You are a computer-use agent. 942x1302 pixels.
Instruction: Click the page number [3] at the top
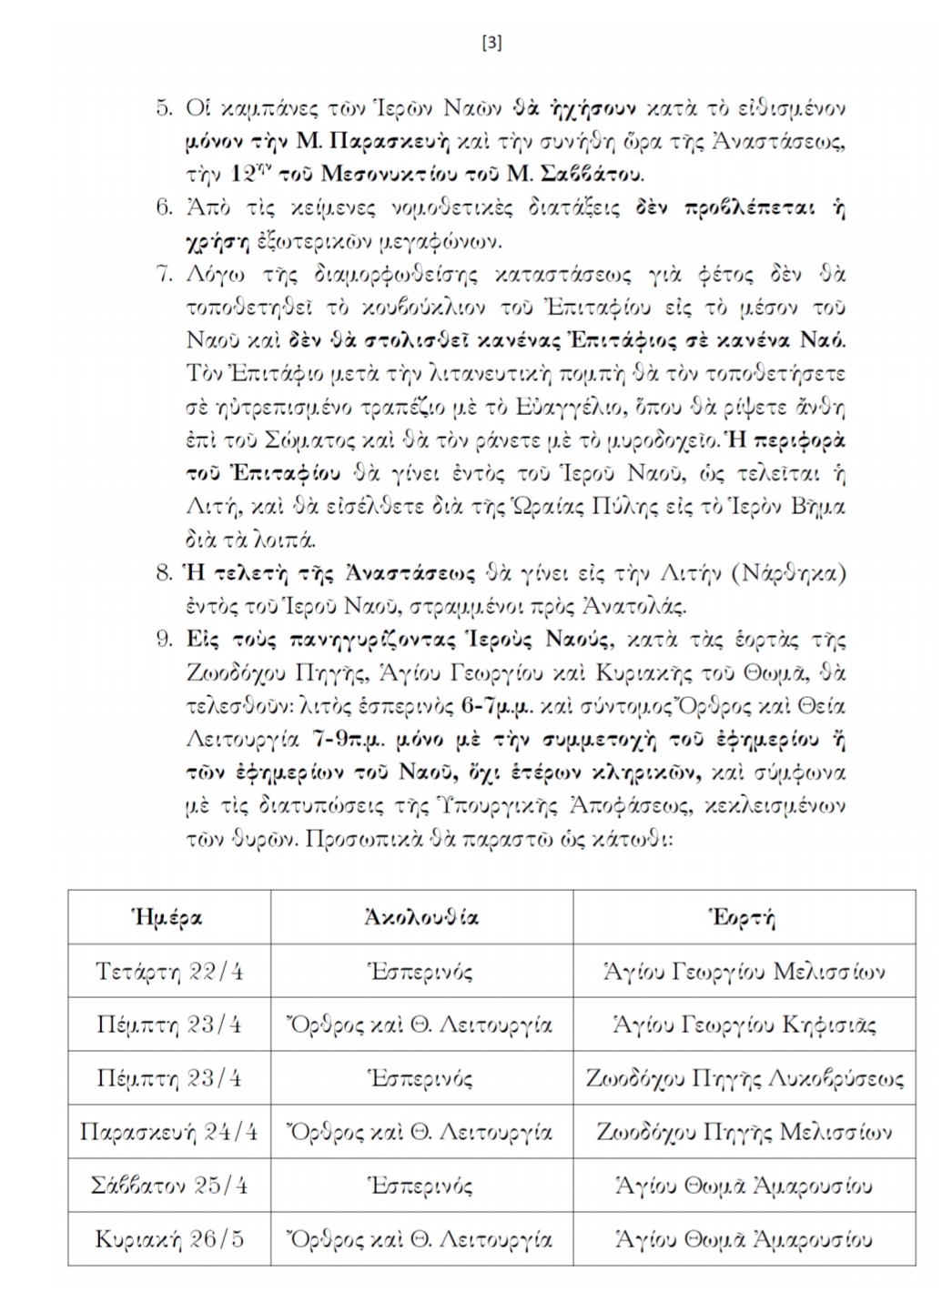point(491,43)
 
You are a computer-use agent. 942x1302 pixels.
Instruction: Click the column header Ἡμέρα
point(168,917)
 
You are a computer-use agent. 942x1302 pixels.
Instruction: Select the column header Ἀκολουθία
point(421,917)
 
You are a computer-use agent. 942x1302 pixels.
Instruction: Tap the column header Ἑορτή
point(744,917)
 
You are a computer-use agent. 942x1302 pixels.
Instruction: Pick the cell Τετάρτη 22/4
point(169,971)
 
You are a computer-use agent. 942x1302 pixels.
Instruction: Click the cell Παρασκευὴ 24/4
point(169,1132)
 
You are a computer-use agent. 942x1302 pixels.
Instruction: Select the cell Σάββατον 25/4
point(169,1186)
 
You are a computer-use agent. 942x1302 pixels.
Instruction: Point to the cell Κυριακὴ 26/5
point(169,1239)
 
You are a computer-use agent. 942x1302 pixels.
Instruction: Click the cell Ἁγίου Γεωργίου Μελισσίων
point(744,971)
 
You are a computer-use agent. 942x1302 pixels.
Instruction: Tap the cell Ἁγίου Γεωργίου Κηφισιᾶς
point(744,1024)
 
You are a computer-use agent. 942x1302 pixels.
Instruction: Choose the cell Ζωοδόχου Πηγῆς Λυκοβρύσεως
point(744,1078)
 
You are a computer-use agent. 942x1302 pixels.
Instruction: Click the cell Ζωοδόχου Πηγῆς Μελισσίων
point(744,1132)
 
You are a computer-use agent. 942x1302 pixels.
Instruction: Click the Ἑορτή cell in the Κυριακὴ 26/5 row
point(744,1239)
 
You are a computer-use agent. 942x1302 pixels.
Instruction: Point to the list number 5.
point(164,108)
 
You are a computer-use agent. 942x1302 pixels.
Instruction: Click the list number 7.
point(164,274)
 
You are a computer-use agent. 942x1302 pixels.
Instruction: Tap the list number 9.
point(164,640)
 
